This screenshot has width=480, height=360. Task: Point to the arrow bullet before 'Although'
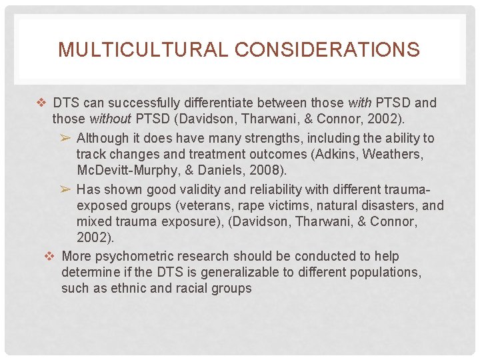pyautogui.click(x=65, y=138)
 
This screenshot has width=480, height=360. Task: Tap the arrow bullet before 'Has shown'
pyautogui.click(x=65, y=189)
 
